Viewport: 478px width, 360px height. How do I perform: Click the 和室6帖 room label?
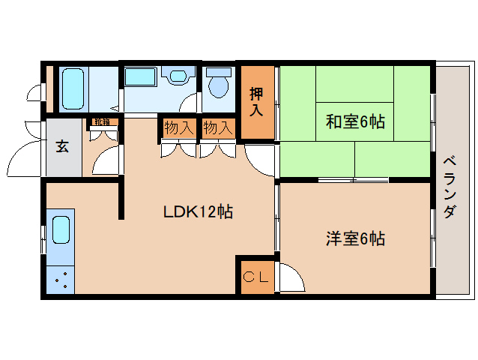pos(355,121)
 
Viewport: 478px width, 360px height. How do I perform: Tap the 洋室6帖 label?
pos(355,239)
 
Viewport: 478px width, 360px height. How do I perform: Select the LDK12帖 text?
pos(199,211)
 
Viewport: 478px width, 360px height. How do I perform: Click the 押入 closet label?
pos(256,103)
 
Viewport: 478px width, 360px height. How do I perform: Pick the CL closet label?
pos(255,277)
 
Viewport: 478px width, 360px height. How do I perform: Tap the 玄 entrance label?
pos(61,146)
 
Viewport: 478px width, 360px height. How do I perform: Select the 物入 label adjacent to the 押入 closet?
pos(218,128)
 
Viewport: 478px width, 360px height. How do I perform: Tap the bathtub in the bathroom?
pos(73,89)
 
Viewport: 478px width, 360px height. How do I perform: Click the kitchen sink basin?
pos(61,230)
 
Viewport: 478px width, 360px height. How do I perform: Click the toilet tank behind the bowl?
pos(219,73)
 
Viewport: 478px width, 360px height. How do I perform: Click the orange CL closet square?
pos(255,276)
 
